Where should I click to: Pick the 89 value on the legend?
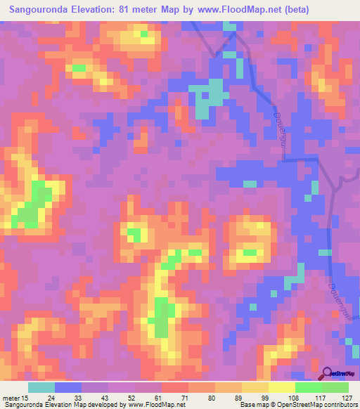tap(239, 397)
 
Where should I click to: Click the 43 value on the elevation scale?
tap(106, 397)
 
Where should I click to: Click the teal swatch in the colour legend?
tap(41, 387)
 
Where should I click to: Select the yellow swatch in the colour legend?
tap(281, 387)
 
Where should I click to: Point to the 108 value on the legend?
tap(291, 397)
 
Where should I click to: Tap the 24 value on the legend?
tap(52, 397)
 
